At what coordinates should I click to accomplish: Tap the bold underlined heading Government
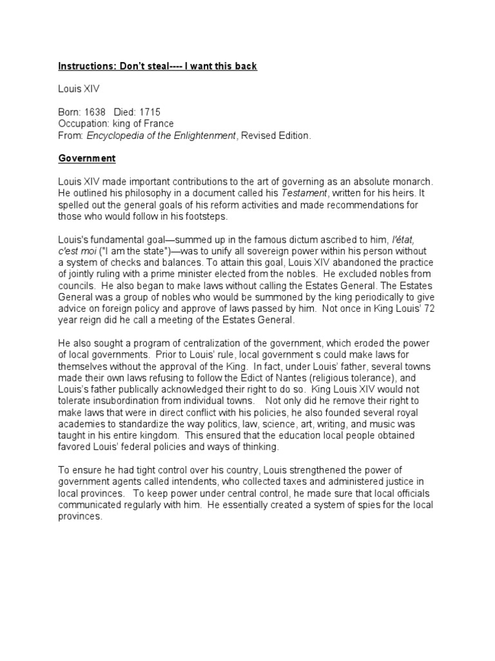[x=86, y=158]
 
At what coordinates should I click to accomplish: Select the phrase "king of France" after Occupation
[x=143, y=124]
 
